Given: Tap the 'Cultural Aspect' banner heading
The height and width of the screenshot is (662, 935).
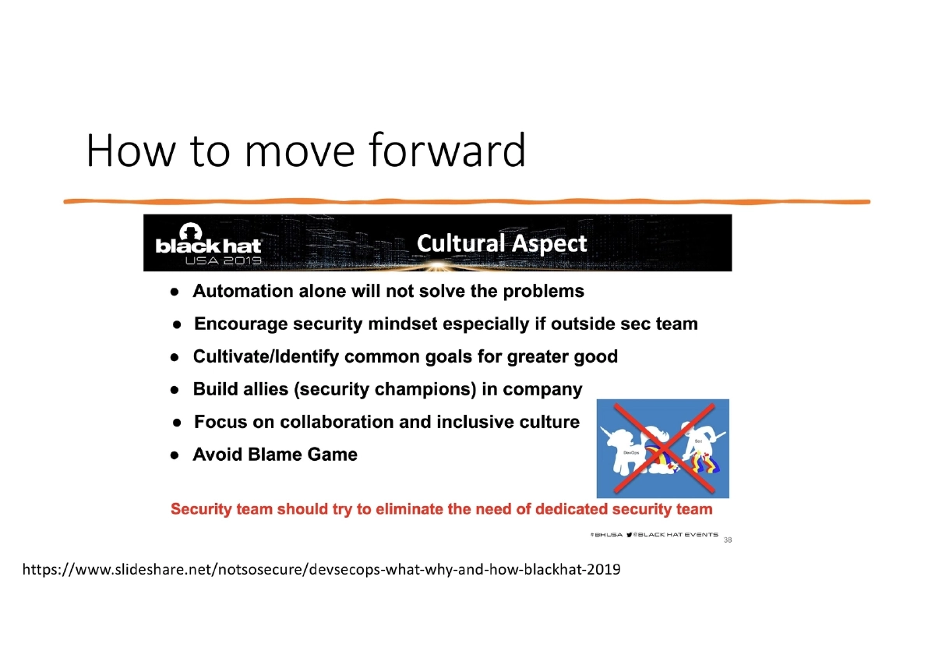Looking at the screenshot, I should (502, 243).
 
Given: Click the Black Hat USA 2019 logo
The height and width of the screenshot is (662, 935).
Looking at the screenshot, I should (208, 245).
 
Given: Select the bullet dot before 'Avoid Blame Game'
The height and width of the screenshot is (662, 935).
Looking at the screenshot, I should (176, 455).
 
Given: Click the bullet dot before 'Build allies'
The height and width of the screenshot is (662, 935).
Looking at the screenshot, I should (176, 390).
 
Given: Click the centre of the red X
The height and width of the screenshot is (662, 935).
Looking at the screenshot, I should (663, 448).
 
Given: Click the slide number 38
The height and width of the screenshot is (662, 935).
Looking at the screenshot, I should (728, 540).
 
